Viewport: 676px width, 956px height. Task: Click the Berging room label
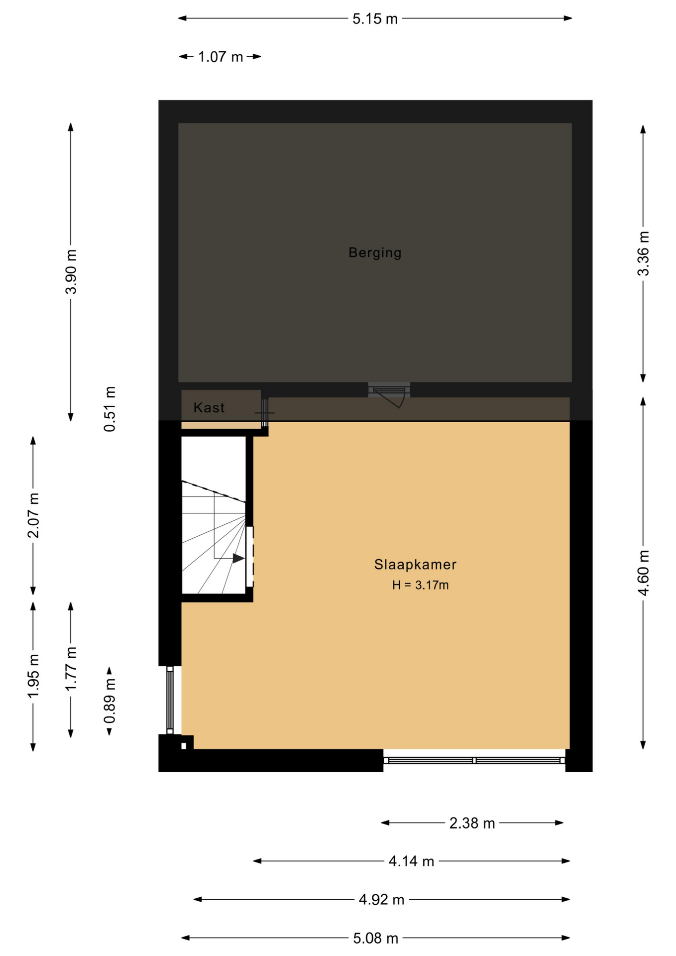375,253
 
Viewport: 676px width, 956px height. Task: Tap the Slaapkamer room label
415,565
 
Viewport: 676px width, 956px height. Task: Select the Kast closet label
209,408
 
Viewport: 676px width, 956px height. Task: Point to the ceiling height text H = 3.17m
420,585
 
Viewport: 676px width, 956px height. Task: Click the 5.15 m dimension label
375,19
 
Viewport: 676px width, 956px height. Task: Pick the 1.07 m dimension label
221,57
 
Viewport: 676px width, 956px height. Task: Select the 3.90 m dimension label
71,272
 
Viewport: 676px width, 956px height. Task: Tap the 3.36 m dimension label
643,253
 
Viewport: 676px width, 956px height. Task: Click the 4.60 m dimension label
643,573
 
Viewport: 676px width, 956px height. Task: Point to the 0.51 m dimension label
110,409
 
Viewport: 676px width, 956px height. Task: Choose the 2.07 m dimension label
33,515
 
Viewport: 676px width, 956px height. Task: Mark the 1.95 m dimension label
33,676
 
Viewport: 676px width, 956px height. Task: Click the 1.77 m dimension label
71,669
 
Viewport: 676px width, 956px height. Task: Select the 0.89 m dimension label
110,701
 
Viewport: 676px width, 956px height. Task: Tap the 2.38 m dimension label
472,824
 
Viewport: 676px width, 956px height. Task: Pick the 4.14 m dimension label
411,861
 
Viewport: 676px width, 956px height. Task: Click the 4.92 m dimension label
381,900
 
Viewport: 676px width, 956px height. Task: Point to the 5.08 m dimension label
375,939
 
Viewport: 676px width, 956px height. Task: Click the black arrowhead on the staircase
238,558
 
